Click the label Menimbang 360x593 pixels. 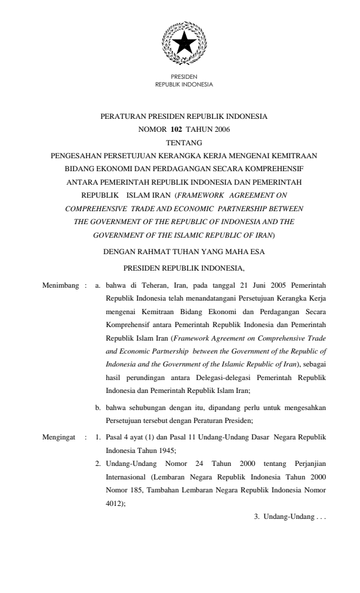pos(60,285)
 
